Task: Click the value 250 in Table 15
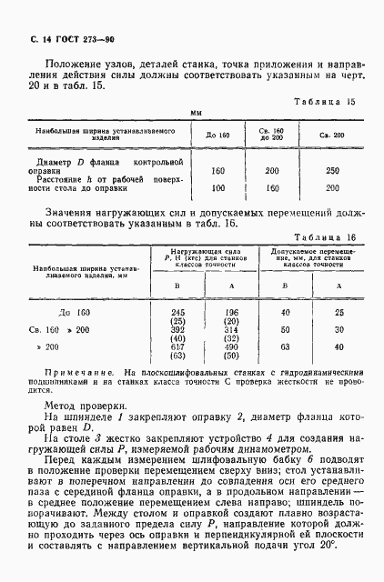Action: click(332, 171)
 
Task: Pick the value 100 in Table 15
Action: click(217, 188)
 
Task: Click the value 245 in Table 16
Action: click(177, 312)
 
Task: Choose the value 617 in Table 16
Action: click(177, 347)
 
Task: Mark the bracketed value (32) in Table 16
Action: click(229, 338)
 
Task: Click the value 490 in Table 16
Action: click(229, 347)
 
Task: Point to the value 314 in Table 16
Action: click(229, 329)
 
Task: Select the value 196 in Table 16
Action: click(229, 312)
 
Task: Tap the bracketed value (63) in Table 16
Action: click(177, 356)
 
